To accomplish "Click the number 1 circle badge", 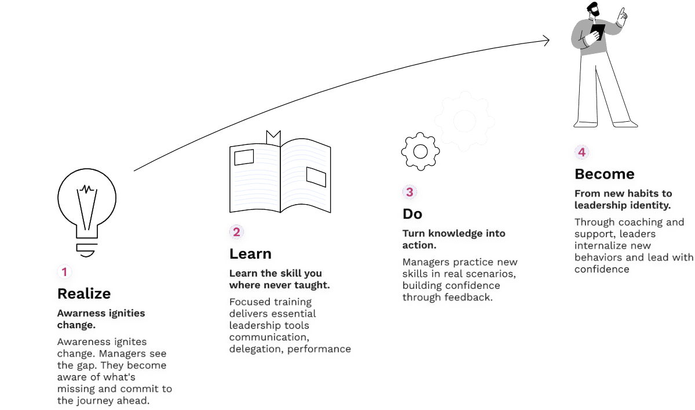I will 65,271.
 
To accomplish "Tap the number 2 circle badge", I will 236,232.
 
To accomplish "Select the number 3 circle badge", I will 409,192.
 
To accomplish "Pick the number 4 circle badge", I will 582,153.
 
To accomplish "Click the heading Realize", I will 84,294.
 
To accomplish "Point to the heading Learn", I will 251,254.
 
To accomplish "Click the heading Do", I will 412,214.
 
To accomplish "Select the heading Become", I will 604,175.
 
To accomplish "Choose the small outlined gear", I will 421,151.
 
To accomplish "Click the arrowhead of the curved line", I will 545,40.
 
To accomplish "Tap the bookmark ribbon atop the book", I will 273,137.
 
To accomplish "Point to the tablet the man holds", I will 598,31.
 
